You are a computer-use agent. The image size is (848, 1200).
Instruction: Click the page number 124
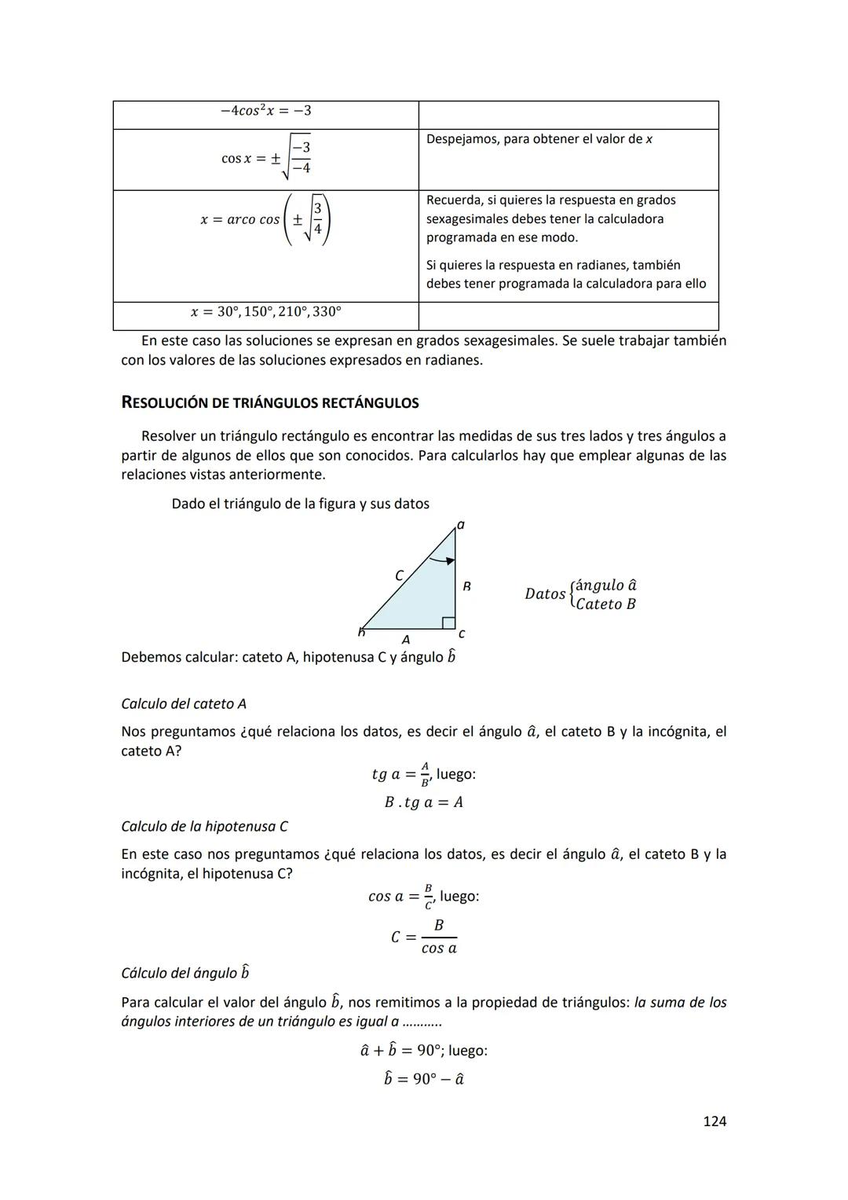tap(714, 1121)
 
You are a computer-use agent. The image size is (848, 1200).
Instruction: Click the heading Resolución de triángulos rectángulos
tap(269, 403)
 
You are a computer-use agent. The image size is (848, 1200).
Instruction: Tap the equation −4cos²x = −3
tap(265, 111)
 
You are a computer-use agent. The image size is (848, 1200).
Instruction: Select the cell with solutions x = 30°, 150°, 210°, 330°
tap(265, 312)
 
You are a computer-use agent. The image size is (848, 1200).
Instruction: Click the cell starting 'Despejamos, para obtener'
tap(539, 140)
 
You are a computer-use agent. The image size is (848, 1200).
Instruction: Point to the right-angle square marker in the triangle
tap(448, 623)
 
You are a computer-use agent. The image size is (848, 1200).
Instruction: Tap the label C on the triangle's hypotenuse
tap(399, 576)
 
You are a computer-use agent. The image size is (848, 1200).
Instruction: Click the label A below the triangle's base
tap(405, 640)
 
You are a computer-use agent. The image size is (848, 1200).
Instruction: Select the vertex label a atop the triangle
tap(461, 525)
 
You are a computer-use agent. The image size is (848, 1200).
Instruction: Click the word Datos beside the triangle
tap(545, 594)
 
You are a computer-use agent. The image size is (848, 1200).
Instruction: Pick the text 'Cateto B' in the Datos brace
tap(605, 604)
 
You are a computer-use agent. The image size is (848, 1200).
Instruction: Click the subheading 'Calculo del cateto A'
tap(184, 704)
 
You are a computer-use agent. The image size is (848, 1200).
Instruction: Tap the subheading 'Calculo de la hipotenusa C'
tap(204, 827)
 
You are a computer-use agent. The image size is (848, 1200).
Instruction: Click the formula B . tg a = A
tap(423, 802)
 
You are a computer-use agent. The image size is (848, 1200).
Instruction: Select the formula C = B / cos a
tap(424, 937)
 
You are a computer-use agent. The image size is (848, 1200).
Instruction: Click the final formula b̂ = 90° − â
tap(423, 1079)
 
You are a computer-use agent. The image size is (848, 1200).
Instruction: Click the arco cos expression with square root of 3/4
tap(265, 219)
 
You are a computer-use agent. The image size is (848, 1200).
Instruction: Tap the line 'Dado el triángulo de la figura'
tap(300, 504)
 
